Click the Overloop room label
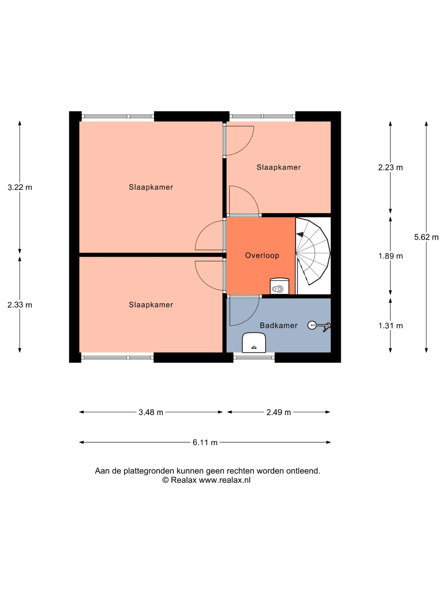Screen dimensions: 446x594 [x=262, y=256]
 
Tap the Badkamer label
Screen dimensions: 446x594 [x=278, y=325]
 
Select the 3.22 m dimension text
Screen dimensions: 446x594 [x=20, y=187]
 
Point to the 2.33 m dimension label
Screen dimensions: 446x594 [x=20, y=305]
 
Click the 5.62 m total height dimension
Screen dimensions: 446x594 [x=426, y=237]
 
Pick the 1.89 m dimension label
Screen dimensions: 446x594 [x=391, y=256]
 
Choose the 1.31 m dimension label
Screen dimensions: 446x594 [x=391, y=326]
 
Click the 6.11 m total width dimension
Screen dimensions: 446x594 [x=205, y=442]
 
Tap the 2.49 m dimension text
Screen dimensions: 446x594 [x=279, y=412]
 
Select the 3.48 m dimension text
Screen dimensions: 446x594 [x=151, y=412]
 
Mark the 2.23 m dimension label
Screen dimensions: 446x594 [x=391, y=168]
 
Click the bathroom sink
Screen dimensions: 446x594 [x=254, y=343]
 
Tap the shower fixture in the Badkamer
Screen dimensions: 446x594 [x=319, y=326]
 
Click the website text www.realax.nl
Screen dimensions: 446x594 [x=225, y=480]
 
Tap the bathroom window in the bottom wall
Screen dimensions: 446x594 [x=254, y=357]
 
